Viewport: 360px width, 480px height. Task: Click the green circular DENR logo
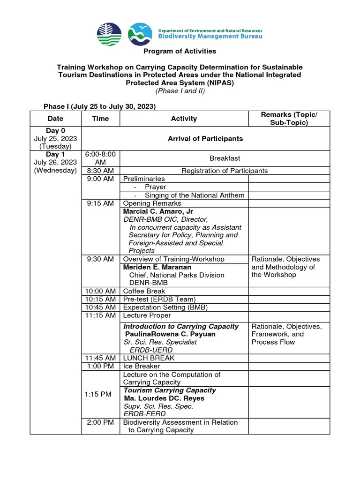click(109, 34)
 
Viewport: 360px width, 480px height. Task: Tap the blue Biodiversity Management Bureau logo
click(140, 34)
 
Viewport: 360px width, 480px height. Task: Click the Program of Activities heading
click(180, 51)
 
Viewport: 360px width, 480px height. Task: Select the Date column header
click(55, 119)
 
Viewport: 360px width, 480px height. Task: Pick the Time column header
click(100, 119)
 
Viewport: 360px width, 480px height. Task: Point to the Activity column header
click(184, 119)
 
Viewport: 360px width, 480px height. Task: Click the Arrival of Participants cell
click(205, 138)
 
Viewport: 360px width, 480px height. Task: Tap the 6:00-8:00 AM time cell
click(100, 158)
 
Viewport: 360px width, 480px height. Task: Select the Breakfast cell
click(225, 158)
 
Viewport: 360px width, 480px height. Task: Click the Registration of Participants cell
click(225, 171)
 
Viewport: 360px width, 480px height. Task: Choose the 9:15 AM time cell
click(100, 203)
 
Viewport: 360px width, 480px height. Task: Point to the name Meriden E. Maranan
click(157, 267)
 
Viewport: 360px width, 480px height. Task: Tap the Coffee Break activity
click(144, 291)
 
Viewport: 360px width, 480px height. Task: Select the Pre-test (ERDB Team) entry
click(159, 299)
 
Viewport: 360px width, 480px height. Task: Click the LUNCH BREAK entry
click(149, 358)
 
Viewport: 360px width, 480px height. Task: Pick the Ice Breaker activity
click(141, 366)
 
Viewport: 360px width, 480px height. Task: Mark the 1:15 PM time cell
click(98, 394)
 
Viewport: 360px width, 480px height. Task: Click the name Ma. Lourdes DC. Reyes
click(164, 398)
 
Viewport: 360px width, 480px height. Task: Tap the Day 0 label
click(55, 130)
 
